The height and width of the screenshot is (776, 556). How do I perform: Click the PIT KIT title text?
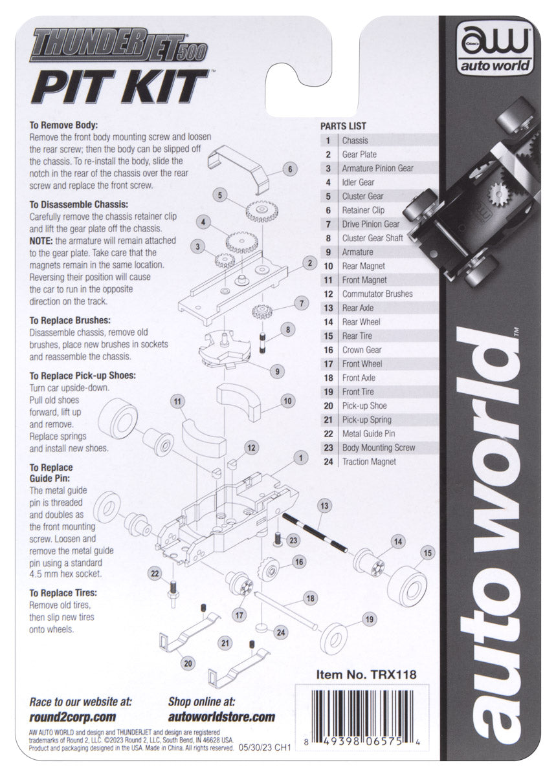[119, 85]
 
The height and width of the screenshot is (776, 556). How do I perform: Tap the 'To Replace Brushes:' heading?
[71, 320]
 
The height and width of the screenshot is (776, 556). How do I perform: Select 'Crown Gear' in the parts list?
[362, 350]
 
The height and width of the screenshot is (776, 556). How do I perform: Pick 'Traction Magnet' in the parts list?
[369, 462]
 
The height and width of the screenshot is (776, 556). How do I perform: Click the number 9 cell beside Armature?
[329, 252]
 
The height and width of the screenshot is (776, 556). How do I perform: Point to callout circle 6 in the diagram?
[291, 169]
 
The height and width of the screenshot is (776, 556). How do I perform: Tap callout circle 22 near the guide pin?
[155, 573]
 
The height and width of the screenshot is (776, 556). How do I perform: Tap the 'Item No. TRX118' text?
[365, 674]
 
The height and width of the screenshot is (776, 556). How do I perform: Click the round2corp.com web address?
[72, 717]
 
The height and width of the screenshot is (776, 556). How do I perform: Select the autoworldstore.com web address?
[221, 717]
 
